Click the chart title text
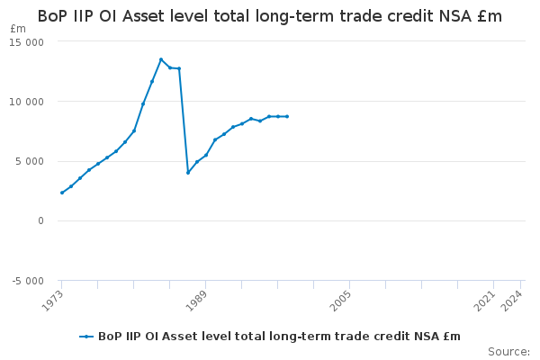point(270,16)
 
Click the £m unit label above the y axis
point(18,29)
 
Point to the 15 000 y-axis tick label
point(26,42)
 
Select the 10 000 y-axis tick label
point(26,102)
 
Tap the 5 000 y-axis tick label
point(30,162)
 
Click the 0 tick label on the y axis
point(41,220)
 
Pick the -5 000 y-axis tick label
point(28,281)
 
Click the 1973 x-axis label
point(53,301)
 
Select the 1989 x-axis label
point(196,301)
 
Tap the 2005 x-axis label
point(341,301)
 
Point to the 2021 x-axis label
point(485,301)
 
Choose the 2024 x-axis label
point(512,301)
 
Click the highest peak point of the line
point(161,59)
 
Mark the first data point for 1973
point(62,193)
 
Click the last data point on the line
point(287,116)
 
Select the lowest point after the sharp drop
point(188,173)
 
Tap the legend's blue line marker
point(86,337)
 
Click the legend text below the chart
point(279,337)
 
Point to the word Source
point(508,352)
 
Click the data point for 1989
point(206,155)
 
